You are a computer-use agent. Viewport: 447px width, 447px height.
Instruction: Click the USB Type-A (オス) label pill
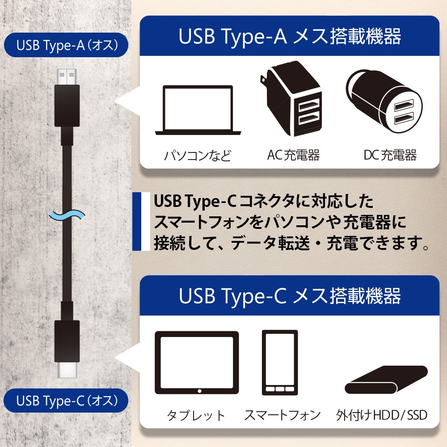click(x=66, y=45)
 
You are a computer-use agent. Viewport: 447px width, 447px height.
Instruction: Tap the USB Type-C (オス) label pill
click(x=66, y=400)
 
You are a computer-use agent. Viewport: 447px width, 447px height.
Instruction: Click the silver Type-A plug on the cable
click(x=67, y=77)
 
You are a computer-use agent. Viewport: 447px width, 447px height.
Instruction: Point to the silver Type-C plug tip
click(x=67, y=370)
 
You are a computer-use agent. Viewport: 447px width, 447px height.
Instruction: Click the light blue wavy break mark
click(x=67, y=215)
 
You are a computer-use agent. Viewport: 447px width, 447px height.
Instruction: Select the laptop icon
click(x=198, y=110)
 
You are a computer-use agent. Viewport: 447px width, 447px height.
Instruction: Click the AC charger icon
click(x=291, y=98)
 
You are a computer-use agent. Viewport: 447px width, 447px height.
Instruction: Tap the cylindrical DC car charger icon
click(x=384, y=101)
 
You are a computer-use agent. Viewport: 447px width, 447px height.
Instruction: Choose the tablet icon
click(x=197, y=363)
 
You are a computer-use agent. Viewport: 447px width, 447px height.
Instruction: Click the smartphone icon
click(x=280, y=363)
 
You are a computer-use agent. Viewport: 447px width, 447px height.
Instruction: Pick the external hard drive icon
click(x=386, y=380)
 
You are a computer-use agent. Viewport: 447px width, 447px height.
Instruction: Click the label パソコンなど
click(x=197, y=156)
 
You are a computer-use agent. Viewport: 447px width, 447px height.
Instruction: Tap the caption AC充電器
click(x=293, y=155)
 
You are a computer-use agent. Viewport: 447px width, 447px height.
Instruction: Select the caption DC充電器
click(x=390, y=155)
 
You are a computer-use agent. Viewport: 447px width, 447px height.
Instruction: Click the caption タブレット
click(x=196, y=415)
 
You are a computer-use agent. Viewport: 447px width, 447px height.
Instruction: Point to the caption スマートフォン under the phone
click(x=282, y=415)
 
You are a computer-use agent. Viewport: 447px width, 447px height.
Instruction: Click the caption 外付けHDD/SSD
click(x=382, y=415)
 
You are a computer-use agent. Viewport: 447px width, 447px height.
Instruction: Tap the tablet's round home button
click(x=199, y=391)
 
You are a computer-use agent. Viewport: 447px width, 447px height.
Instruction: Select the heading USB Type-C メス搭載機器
click(x=290, y=295)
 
